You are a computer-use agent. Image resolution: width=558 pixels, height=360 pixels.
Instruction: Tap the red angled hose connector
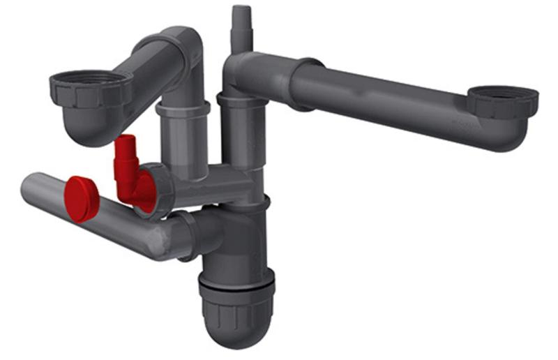tap(126, 167)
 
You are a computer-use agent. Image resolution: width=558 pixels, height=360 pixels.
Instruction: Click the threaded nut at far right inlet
tap(502, 101)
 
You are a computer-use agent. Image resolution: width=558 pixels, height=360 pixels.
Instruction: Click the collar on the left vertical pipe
tap(183, 110)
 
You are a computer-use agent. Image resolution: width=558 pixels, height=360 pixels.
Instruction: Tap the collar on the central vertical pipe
tap(241, 101)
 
